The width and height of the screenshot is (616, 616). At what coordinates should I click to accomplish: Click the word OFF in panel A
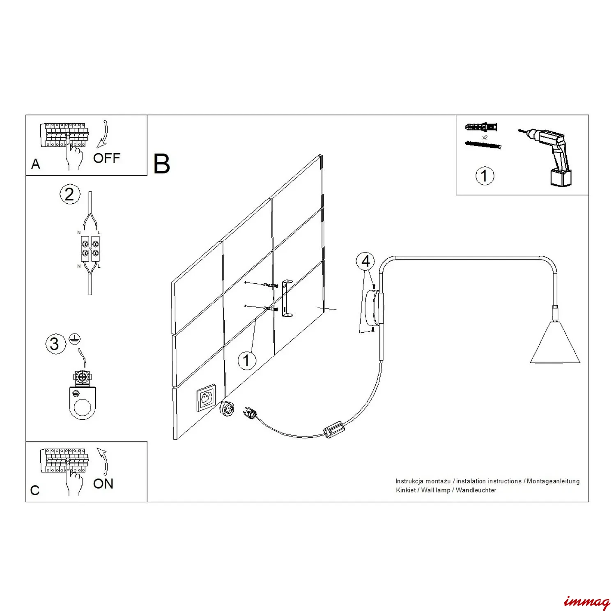point(107,158)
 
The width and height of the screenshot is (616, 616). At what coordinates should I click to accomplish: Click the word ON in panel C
point(103,484)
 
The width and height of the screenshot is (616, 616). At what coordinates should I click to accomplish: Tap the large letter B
point(161,164)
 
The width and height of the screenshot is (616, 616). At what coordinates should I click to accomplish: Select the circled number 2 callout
point(70,194)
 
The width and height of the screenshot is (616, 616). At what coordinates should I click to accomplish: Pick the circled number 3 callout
point(55,344)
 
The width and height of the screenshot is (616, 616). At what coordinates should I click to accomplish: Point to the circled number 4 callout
point(365,262)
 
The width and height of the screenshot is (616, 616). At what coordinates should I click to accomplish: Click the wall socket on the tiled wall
point(206,398)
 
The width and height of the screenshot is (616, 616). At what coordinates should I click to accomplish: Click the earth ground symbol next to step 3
point(75,339)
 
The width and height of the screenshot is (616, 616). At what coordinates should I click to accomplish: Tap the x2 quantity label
point(485,138)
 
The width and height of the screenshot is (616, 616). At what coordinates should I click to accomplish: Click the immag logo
point(587,602)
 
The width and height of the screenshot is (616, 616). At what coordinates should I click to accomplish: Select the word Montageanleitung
point(553,481)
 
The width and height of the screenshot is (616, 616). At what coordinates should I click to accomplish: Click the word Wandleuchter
point(476,490)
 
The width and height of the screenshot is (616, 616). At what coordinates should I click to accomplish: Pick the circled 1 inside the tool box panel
point(485,176)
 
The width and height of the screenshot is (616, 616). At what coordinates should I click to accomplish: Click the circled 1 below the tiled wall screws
point(247,361)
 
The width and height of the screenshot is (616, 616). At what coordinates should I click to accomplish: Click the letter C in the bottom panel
point(35,490)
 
